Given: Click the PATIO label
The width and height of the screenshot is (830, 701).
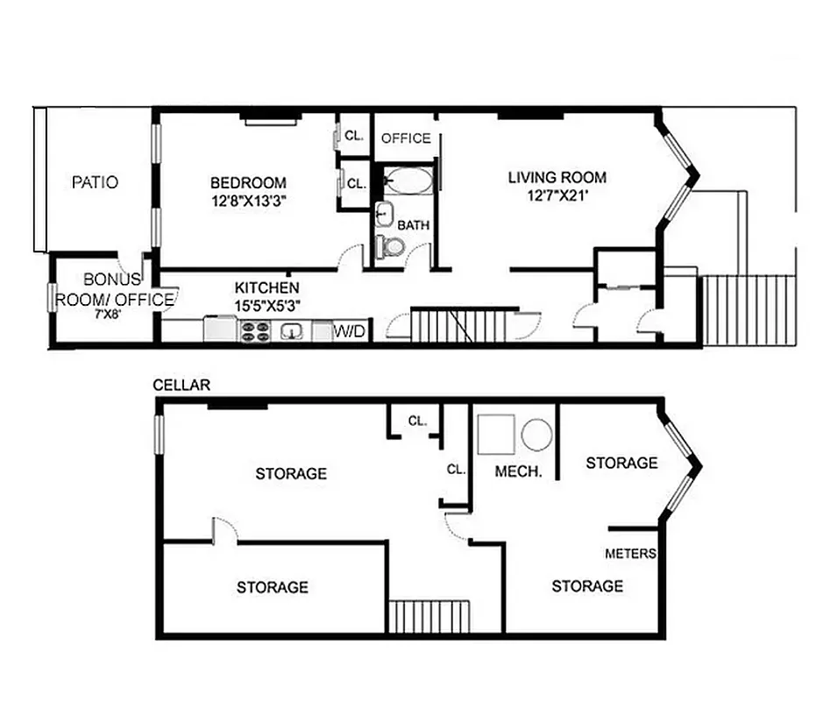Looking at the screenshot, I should pos(95,183).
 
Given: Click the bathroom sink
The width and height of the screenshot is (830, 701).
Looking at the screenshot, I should pos(384,213).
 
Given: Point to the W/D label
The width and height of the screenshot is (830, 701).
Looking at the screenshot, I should pos(352,331).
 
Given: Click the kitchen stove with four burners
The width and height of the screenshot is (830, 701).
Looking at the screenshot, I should pos(256,330).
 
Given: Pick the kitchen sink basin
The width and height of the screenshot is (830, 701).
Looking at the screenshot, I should pos(293,330).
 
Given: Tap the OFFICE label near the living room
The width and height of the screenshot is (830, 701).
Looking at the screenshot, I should pos(406,138).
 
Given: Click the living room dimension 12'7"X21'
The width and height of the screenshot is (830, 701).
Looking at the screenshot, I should pos(557,197).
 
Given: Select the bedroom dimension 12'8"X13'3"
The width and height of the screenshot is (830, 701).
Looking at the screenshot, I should pos(248,201).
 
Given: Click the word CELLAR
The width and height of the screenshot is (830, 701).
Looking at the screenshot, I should pos(181,385).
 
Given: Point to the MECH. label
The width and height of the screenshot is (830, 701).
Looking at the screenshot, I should pos(519,471).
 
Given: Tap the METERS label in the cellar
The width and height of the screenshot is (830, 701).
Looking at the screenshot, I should pos(631,554).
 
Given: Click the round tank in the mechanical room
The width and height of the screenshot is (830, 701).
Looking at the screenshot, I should pos(536,434).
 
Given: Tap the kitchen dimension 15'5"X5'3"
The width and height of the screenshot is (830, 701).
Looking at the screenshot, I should pos(266,304).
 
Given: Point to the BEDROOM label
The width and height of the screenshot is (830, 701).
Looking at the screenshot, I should pos(248,183).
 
